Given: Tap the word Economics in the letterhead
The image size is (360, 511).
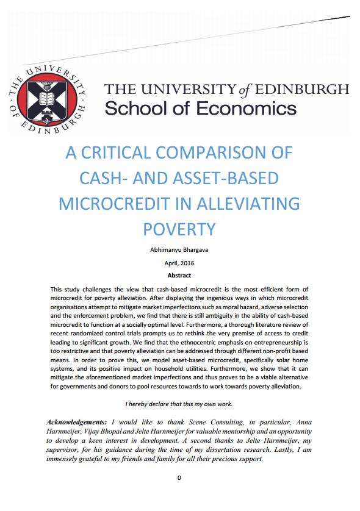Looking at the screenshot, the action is [x=247, y=109].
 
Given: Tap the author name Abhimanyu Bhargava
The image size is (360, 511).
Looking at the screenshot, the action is [x=179, y=250].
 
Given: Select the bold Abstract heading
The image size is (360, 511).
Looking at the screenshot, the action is [x=179, y=276].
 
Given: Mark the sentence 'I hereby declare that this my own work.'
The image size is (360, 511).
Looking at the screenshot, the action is [x=179, y=404].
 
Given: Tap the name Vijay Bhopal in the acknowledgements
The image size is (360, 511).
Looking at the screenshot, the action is [x=97, y=431].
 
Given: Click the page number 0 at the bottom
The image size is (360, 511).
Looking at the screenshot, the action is [x=179, y=477].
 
